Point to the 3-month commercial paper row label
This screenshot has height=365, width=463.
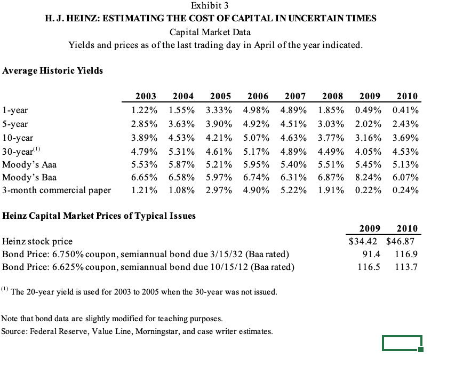click(x=57, y=190)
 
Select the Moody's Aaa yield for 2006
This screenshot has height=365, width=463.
click(x=256, y=164)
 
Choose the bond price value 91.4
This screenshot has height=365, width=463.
click(x=369, y=254)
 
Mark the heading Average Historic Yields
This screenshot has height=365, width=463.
click(x=53, y=70)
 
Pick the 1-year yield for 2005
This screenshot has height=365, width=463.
click(x=219, y=110)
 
